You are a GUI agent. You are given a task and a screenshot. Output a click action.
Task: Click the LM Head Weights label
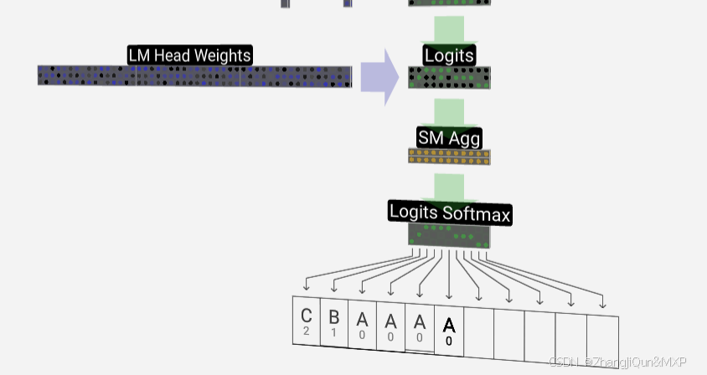[189, 55]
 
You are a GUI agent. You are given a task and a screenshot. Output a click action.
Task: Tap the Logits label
[449, 56]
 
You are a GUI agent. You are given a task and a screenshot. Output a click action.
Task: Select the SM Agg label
[449, 137]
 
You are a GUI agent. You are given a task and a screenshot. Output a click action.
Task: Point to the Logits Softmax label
[449, 213]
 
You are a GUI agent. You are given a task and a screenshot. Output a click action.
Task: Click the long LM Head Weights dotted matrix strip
[194, 76]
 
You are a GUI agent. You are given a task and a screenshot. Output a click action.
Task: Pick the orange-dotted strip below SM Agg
[449, 156]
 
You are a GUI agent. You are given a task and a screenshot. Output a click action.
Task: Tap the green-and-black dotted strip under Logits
[449, 78]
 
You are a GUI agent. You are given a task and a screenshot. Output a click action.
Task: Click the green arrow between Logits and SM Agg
[449, 110]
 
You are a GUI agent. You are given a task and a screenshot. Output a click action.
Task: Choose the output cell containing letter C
[306, 321]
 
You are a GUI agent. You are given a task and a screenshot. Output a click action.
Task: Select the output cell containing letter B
[333, 322]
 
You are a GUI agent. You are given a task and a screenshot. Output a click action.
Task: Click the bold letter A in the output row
[449, 325]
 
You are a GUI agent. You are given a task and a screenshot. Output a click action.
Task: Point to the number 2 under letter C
[307, 331]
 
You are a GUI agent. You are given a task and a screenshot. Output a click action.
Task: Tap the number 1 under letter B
[333, 332]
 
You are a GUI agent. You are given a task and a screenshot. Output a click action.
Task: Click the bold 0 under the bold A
[449, 341]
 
